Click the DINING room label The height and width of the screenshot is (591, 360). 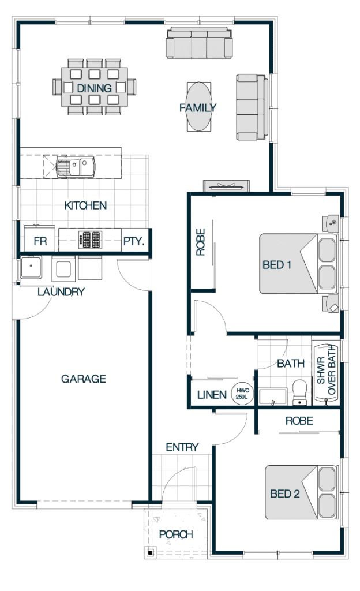tap(94, 88)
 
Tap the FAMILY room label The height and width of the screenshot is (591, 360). tap(198, 108)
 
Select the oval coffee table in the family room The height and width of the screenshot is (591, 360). tap(199, 107)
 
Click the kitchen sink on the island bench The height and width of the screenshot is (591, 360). tap(76, 166)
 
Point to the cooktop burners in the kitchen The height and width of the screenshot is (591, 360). tap(90, 240)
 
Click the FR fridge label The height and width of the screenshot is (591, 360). tap(40, 241)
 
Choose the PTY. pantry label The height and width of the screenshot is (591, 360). tap(134, 241)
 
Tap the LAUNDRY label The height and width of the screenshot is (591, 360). tap(61, 291)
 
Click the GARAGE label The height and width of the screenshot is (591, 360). tap(84, 379)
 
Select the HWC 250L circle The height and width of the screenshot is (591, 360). tap(242, 394)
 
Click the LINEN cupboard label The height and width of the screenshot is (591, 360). tap(212, 395)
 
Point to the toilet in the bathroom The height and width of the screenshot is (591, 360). tap(300, 392)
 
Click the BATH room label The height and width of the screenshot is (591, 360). tap(290, 364)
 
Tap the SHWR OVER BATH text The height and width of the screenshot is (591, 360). tap(326, 370)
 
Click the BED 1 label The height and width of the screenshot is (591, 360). tap(277, 265)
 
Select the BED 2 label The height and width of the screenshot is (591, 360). tap(284, 494)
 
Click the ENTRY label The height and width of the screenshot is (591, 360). tap(182, 447)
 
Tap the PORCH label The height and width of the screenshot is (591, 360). tap(176, 534)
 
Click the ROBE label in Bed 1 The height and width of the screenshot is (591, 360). tap(201, 242)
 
